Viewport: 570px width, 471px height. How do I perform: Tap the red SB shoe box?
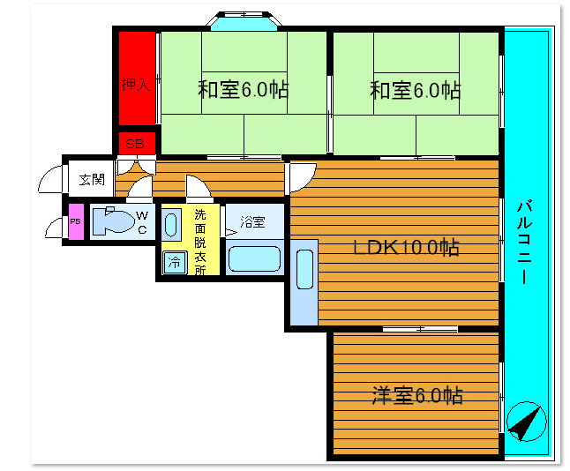pos(136,144)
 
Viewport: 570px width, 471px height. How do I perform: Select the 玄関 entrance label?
pos(91,179)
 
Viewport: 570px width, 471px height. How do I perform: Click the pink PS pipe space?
pos(76,222)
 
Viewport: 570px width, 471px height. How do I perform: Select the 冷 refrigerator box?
pos(175,262)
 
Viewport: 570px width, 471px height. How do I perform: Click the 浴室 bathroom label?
pos(253,221)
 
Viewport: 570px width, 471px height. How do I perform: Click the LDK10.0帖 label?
pos(406,248)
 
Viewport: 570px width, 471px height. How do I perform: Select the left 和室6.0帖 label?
pos(244,90)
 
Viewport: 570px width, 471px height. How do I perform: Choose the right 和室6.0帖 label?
pos(415,90)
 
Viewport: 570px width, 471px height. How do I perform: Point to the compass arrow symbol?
pos(526,422)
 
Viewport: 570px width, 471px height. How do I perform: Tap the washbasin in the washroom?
pos(171,224)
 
